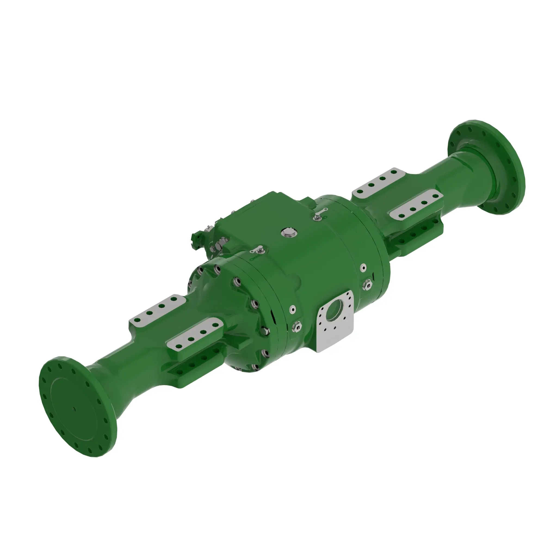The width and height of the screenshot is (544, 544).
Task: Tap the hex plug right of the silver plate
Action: point(368,285)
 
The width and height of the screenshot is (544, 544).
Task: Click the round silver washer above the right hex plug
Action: point(363,267)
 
